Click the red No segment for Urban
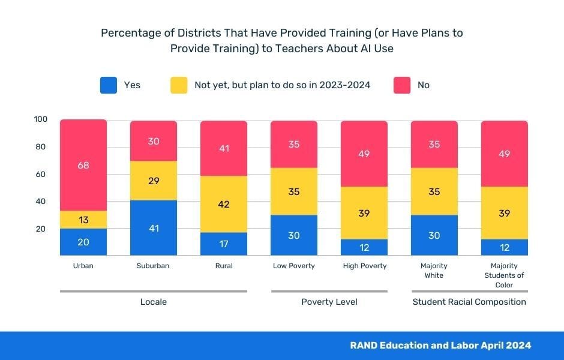[x=83, y=165]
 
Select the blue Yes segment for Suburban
[x=154, y=228]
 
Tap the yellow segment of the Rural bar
[x=224, y=204]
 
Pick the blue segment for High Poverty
[x=364, y=247]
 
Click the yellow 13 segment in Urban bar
[x=83, y=220]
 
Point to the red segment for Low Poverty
[x=294, y=144]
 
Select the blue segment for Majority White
[x=434, y=235]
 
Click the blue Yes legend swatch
[x=109, y=85]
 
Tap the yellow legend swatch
[x=179, y=85]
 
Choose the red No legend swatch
[x=401, y=85]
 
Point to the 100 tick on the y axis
[x=40, y=119]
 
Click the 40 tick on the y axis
[x=40, y=202]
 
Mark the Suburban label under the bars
[x=154, y=266]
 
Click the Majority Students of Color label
[x=505, y=275]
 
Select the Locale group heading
[x=153, y=302]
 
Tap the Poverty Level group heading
[x=329, y=302]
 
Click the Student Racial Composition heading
[x=469, y=302]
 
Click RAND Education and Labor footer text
[x=440, y=346]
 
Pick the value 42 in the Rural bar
[x=224, y=204]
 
